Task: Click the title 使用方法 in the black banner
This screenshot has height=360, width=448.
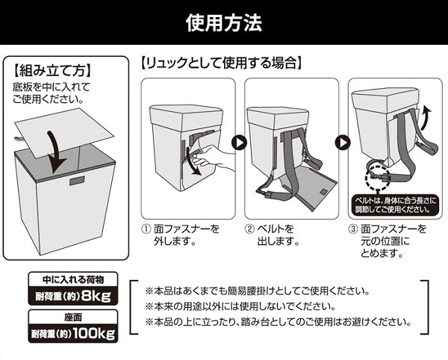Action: (x=224, y=22)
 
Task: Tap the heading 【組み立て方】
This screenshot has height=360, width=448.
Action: (x=53, y=70)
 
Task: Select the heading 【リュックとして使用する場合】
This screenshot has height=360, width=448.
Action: (x=221, y=63)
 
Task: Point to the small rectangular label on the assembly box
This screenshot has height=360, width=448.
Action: (x=77, y=181)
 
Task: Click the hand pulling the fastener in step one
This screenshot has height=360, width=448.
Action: (x=214, y=158)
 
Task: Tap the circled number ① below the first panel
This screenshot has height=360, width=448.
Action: (x=146, y=229)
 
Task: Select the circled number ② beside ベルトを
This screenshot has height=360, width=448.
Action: (x=249, y=229)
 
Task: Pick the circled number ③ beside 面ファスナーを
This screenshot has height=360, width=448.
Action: (x=353, y=229)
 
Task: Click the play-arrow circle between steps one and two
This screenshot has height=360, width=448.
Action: (x=239, y=143)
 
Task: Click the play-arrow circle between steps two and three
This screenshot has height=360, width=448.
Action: (x=343, y=143)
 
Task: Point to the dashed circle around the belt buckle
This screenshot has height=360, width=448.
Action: (x=377, y=178)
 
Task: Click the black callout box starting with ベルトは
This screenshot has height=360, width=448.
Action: (x=394, y=205)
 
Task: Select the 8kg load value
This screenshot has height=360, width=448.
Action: (x=96, y=296)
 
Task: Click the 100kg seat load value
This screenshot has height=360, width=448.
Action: (x=94, y=333)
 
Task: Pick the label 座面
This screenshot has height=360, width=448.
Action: (x=73, y=317)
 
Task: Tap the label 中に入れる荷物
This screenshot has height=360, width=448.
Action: (x=73, y=279)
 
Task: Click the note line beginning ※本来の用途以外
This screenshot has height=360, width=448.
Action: (x=240, y=306)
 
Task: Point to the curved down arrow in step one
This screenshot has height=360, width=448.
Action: (x=192, y=161)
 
